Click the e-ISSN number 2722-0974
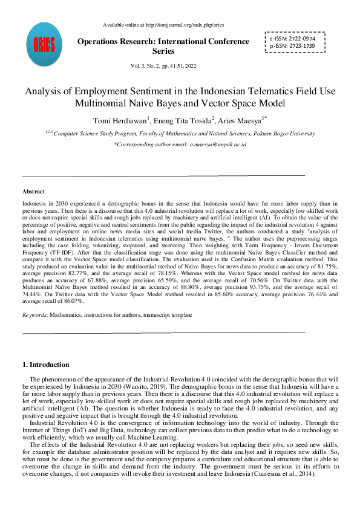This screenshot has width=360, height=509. coord(306,37)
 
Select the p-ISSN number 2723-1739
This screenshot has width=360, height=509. coord(306,46)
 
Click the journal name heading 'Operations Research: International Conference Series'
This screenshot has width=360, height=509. coord(163,47)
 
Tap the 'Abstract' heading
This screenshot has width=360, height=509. coord(33,192)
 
